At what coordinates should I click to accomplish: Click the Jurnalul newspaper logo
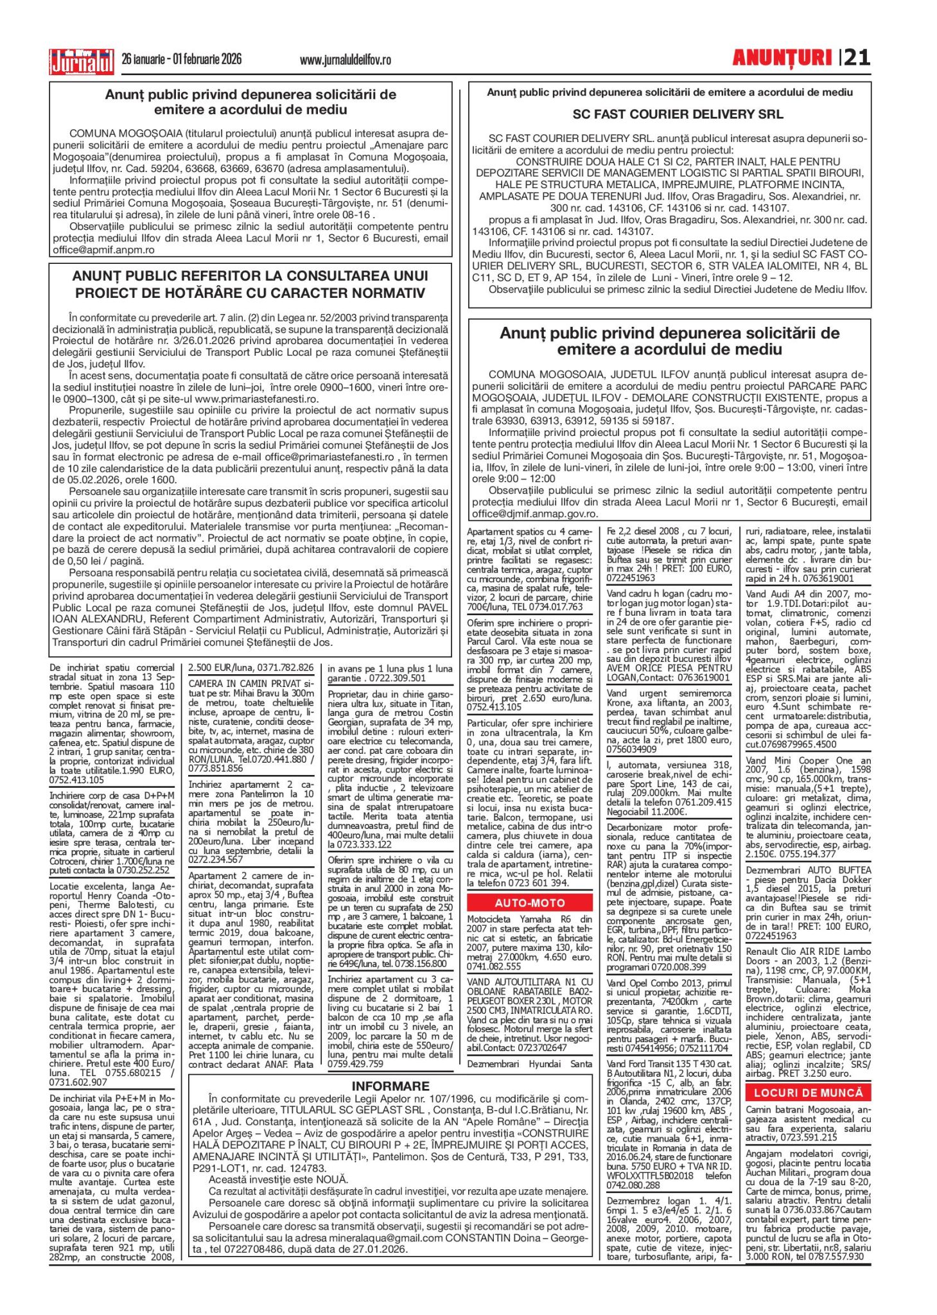(82, 62)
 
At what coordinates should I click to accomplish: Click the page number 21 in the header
(857, 58)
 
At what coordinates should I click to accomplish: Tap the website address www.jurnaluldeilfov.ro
(345, 60)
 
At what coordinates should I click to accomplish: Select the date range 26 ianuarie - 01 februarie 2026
(182, 60)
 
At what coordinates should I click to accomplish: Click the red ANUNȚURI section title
(782, 58)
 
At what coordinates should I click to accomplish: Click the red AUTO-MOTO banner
(530, 903)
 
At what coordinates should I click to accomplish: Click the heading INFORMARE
(390, 1086)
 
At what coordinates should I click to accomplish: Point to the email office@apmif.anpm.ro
(104, 250)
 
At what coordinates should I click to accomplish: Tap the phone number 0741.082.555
(494, 966)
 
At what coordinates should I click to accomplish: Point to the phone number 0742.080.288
(633, 1185)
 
